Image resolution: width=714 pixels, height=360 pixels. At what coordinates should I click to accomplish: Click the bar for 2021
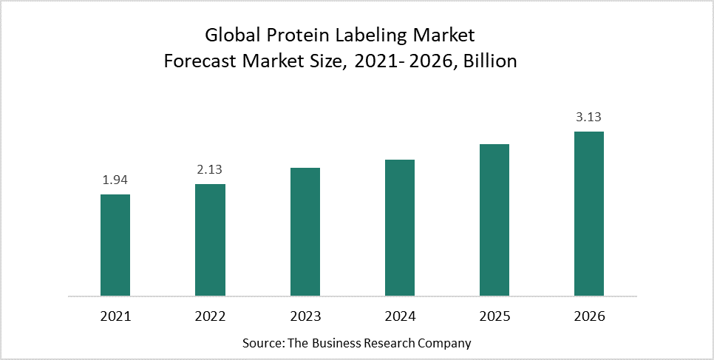[x=115, y=245]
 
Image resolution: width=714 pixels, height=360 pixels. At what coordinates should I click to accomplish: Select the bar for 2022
[x=210, y=240]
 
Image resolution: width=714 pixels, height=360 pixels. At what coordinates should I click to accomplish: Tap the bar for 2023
[x=305, y=231]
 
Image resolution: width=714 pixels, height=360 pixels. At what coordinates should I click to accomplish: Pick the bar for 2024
[x=399, y=228]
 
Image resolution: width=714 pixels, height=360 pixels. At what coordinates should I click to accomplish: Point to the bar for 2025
[x=494, y=220]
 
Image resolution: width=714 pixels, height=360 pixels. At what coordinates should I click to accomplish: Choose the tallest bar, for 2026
[x=588, y=214]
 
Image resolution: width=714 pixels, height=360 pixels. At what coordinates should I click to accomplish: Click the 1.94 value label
[x=115, y=180]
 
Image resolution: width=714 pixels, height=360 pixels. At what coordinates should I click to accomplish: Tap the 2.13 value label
[x=210, y=170]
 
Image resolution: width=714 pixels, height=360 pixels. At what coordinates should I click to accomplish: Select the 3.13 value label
[x=588, y=118]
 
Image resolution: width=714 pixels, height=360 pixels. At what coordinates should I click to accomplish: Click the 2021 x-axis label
[x=115, y=316]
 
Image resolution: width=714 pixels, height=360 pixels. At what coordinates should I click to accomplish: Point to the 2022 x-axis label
[x=210, y=316]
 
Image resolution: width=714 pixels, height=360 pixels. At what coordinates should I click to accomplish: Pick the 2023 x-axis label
[x=305, y=316]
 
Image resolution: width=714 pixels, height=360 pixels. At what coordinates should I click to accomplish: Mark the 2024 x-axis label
[x=399, y=316]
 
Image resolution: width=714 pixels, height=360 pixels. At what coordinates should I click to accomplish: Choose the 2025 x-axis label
[x=494, y=316]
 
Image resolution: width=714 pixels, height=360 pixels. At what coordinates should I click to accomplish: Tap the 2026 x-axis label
[x=588, y=316]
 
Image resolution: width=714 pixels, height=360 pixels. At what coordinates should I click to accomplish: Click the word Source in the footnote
[x=259, y=344]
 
